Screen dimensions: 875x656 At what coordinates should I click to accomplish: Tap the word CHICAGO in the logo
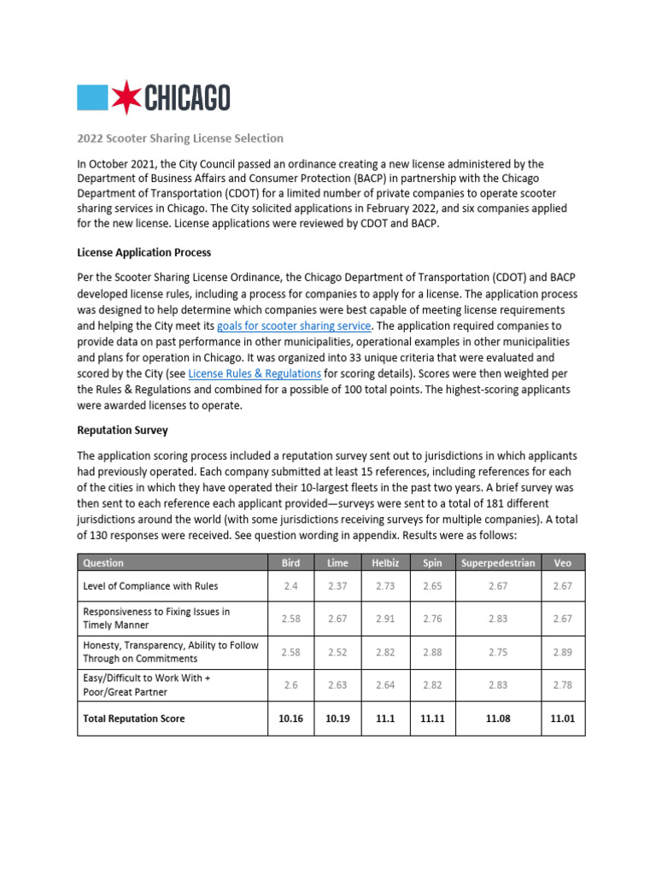tap(185, 98)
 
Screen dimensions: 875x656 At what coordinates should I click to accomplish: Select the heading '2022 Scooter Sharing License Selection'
tap(180, 138)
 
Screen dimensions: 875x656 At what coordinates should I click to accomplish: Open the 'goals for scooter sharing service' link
tap(294, 326)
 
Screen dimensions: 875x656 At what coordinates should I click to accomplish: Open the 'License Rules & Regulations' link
tap(255, 373)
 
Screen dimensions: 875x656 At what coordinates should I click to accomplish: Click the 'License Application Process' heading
tap(143, 253)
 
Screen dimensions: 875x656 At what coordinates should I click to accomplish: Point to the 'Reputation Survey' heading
tap(122, 431)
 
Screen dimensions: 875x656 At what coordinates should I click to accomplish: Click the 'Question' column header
tap(103, 562)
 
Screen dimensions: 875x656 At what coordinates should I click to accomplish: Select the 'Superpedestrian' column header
tap(498, 562)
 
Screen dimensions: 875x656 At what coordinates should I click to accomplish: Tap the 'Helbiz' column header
tap(385, 562)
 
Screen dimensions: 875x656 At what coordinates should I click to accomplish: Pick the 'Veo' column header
tap(562, 562)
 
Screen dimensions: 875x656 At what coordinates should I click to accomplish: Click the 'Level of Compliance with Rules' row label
tap(150, 586)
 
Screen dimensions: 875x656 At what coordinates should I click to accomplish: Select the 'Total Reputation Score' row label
tap(133, 719)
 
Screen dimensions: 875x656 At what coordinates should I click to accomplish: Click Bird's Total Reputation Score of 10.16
tap(290, 719)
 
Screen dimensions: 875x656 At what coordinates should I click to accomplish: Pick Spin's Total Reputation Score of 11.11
tap(432, 719)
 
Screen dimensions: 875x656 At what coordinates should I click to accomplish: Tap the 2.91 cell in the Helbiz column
tap(385, 619)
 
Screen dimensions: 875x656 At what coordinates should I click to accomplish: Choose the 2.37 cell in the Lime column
tap(337, 586)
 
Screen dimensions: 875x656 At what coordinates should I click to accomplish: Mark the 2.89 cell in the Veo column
tap(562, 652)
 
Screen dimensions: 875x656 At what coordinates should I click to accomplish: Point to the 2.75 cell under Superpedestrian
tap(498, 652)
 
